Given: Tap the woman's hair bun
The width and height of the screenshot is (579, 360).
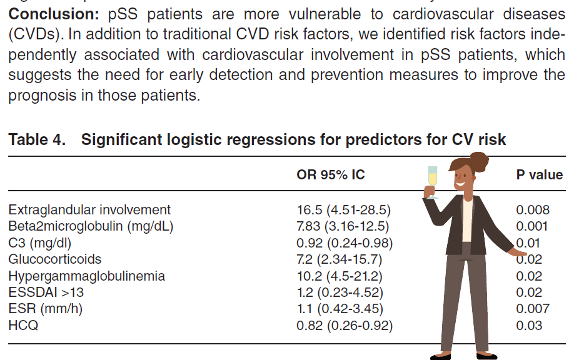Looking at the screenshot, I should point(481,162).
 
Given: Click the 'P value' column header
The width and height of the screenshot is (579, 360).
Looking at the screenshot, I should point(539,175).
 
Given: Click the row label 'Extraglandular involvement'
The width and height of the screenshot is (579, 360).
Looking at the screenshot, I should point(89,210).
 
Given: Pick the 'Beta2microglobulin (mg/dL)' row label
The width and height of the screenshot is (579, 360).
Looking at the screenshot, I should point(91,226).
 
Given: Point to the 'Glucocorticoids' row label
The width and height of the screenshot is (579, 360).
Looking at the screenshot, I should point(55,259).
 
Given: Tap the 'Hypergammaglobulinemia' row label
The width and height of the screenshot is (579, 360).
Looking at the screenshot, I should point(87,276).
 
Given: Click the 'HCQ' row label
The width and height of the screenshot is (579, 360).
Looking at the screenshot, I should point(23,325).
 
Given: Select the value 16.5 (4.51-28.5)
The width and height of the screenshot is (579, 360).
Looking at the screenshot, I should point(343,210).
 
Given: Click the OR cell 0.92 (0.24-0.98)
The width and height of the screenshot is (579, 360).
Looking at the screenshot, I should point(345,243).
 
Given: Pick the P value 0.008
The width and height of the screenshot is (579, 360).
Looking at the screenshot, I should point(533,210).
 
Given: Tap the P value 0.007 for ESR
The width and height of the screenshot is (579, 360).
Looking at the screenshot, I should point(533,309).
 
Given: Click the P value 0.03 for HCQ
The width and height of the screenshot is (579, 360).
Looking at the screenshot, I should point(529,325).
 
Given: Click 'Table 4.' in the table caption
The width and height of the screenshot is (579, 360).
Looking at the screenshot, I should point(37,139).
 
